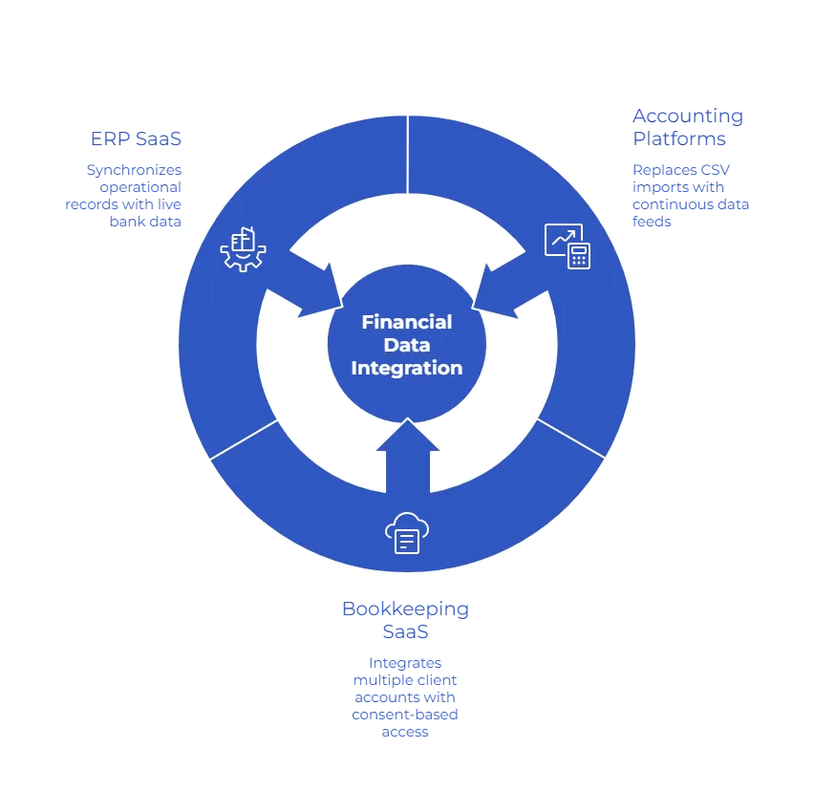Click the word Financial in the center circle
(x=407, y=322)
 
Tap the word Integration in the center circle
(x=407, y=368)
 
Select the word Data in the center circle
(x=407, y=345)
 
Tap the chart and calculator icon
(x=568, y=246)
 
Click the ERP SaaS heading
(x=137, y=139)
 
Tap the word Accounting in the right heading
(x=687, y=116)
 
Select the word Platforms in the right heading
(x=679, y=138)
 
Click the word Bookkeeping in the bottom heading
(x=405, y=609)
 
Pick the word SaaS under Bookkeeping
(x=405, y=631)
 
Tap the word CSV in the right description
(x=718, y=169)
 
